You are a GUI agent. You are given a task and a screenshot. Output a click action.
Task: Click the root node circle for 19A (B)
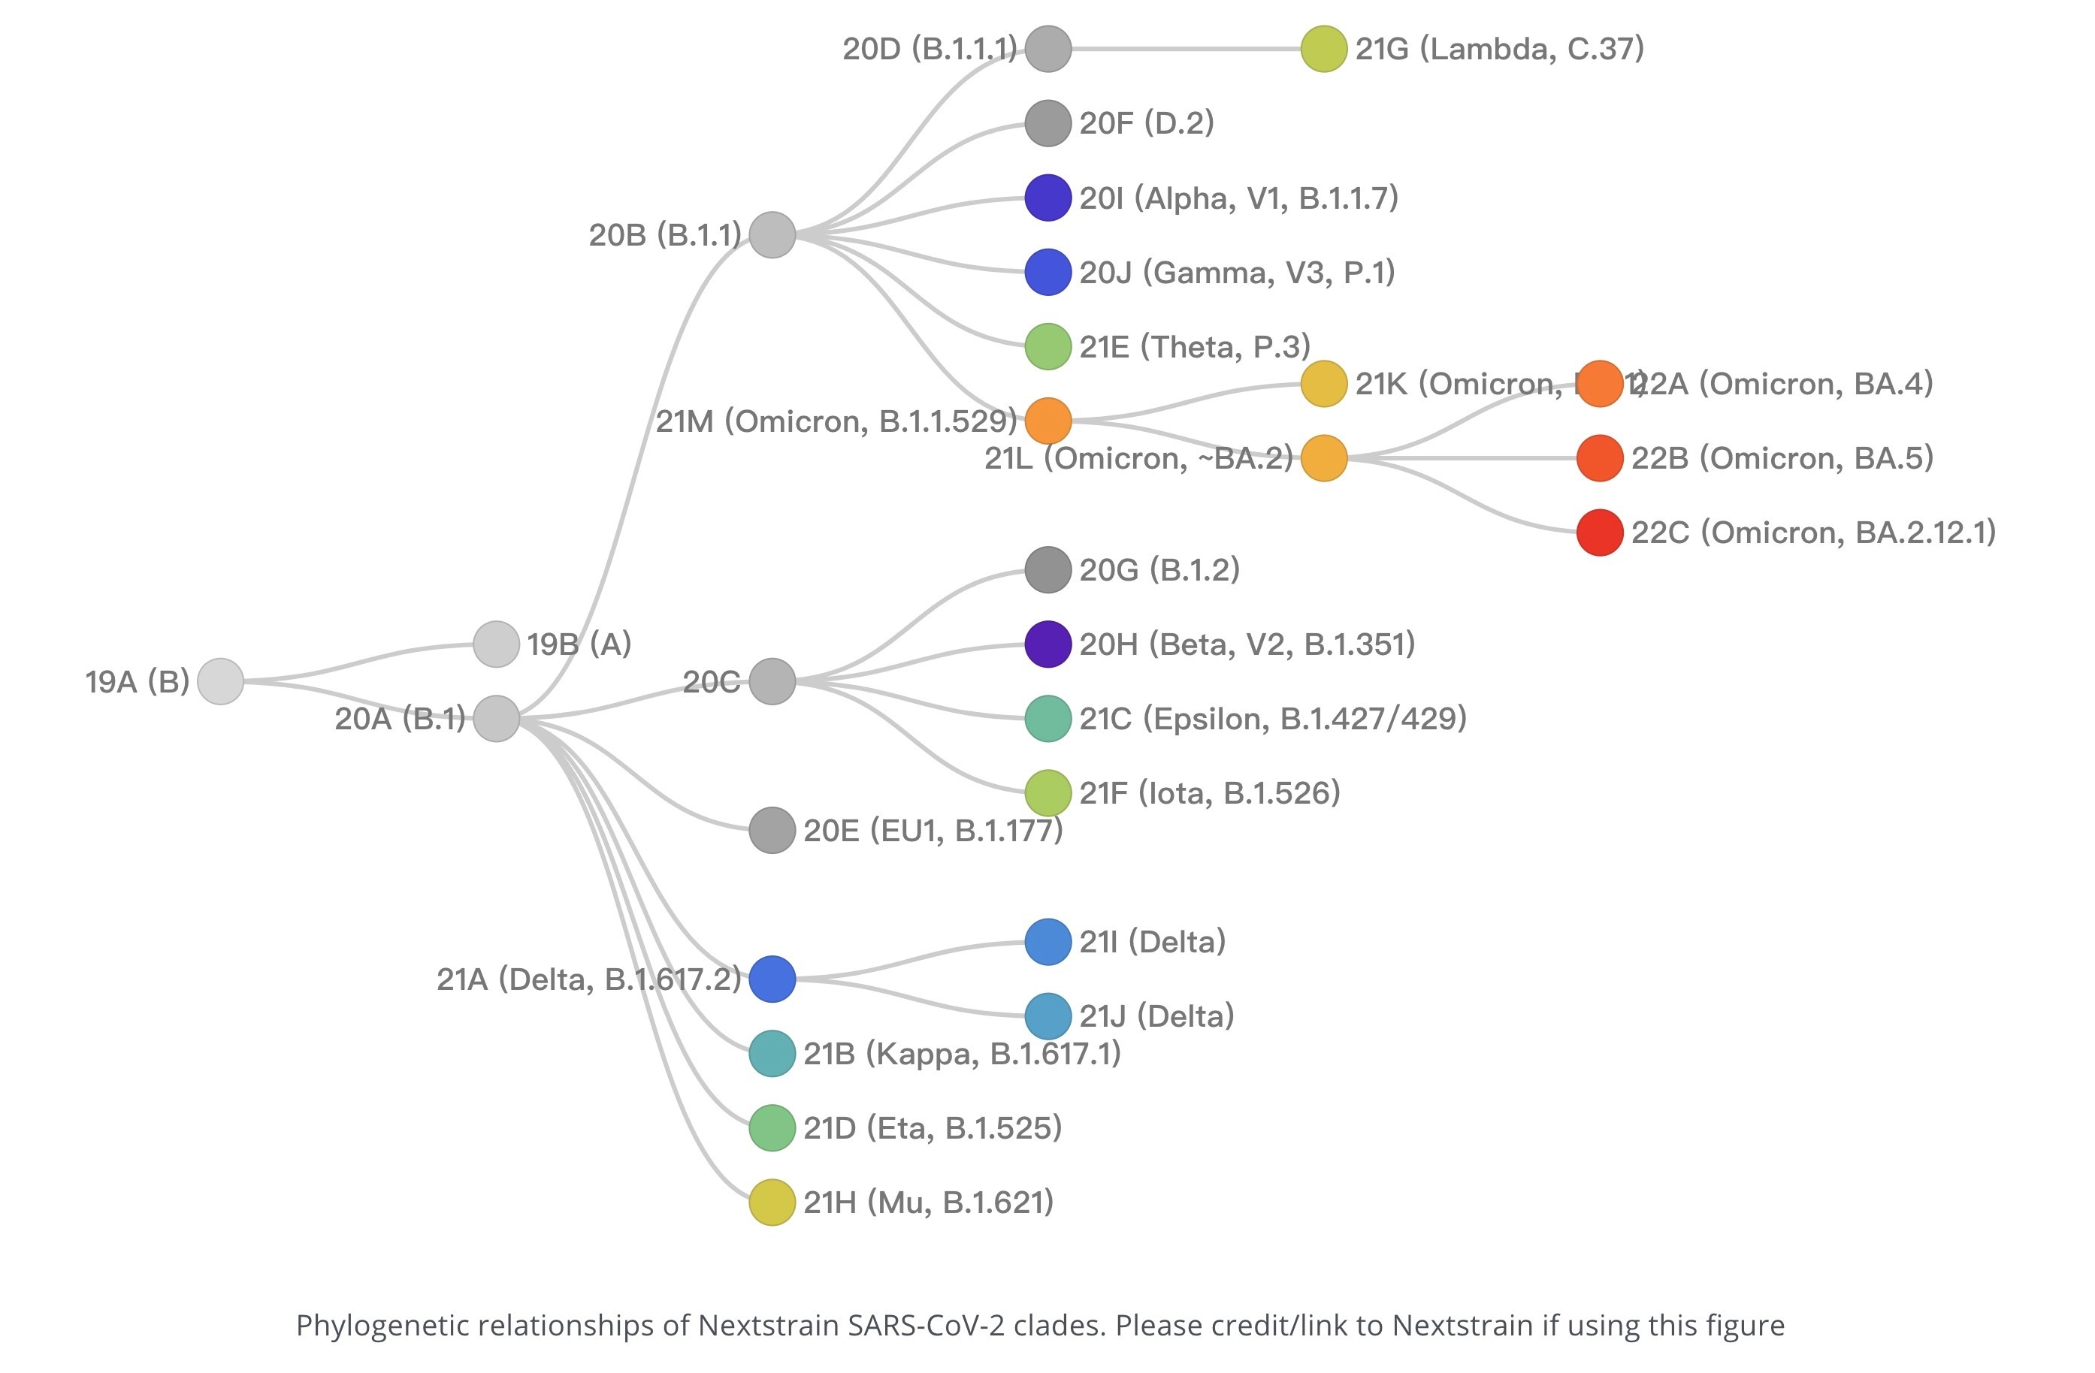tap(220, 681)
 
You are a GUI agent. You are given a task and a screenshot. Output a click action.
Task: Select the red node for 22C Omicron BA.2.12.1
tap(1599, 533)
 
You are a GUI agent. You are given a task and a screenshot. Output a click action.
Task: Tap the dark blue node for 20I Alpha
tap(1047, 198)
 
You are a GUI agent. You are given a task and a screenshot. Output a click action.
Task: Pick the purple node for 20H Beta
tap(1047, 644)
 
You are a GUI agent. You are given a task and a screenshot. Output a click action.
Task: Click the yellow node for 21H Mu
tap(772, 1203)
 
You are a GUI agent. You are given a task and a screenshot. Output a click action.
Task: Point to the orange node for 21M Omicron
tap(1047, 421)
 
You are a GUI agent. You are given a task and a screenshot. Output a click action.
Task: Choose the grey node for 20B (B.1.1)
tap(772, 235)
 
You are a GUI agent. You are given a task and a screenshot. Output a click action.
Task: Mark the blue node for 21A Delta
tap(772, 979)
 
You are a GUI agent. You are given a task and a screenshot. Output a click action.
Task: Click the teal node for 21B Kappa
tap(772, 1054)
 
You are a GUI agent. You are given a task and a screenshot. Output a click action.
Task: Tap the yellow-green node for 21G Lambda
tap(1324, 48)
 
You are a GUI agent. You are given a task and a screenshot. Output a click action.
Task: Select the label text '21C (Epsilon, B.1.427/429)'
tap(1273, 719)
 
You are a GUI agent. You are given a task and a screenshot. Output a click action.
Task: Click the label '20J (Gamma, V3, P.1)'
tap(1237, 273)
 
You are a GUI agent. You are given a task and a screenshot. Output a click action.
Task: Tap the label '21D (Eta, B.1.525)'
tap(933, 1128)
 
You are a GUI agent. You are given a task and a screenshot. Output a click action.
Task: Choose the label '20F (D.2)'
tap(1146, 123)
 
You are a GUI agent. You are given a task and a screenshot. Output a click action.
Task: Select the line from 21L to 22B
tap(1462, 457)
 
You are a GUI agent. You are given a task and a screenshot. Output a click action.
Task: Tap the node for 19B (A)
tap(496, 644)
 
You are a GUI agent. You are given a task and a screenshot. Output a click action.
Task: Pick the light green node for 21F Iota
tap(1047, 793)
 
